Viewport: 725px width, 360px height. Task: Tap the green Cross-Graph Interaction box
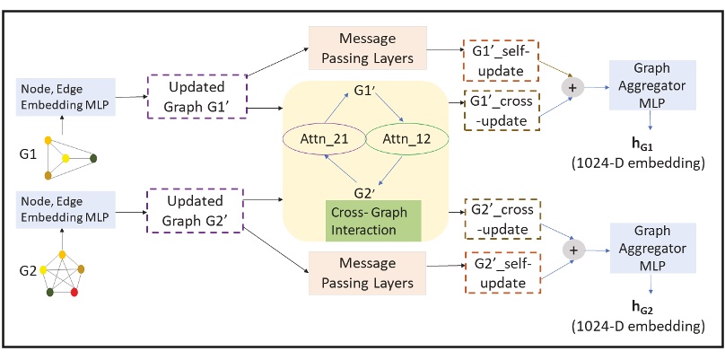372,221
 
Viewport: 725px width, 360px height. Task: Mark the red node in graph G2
75,293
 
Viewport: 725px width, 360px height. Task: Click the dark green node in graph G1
94,160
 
